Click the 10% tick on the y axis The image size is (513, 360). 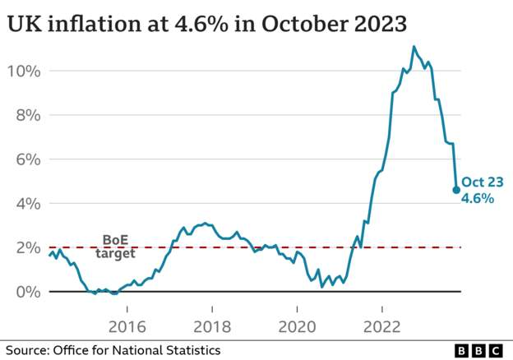(x=24, y=71)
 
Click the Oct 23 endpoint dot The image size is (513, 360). (x=456, y=190)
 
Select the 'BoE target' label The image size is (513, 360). (x=115, y=247)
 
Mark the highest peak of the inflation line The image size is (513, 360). (x=414, y=46)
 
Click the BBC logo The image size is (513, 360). (x=478, y=350)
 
